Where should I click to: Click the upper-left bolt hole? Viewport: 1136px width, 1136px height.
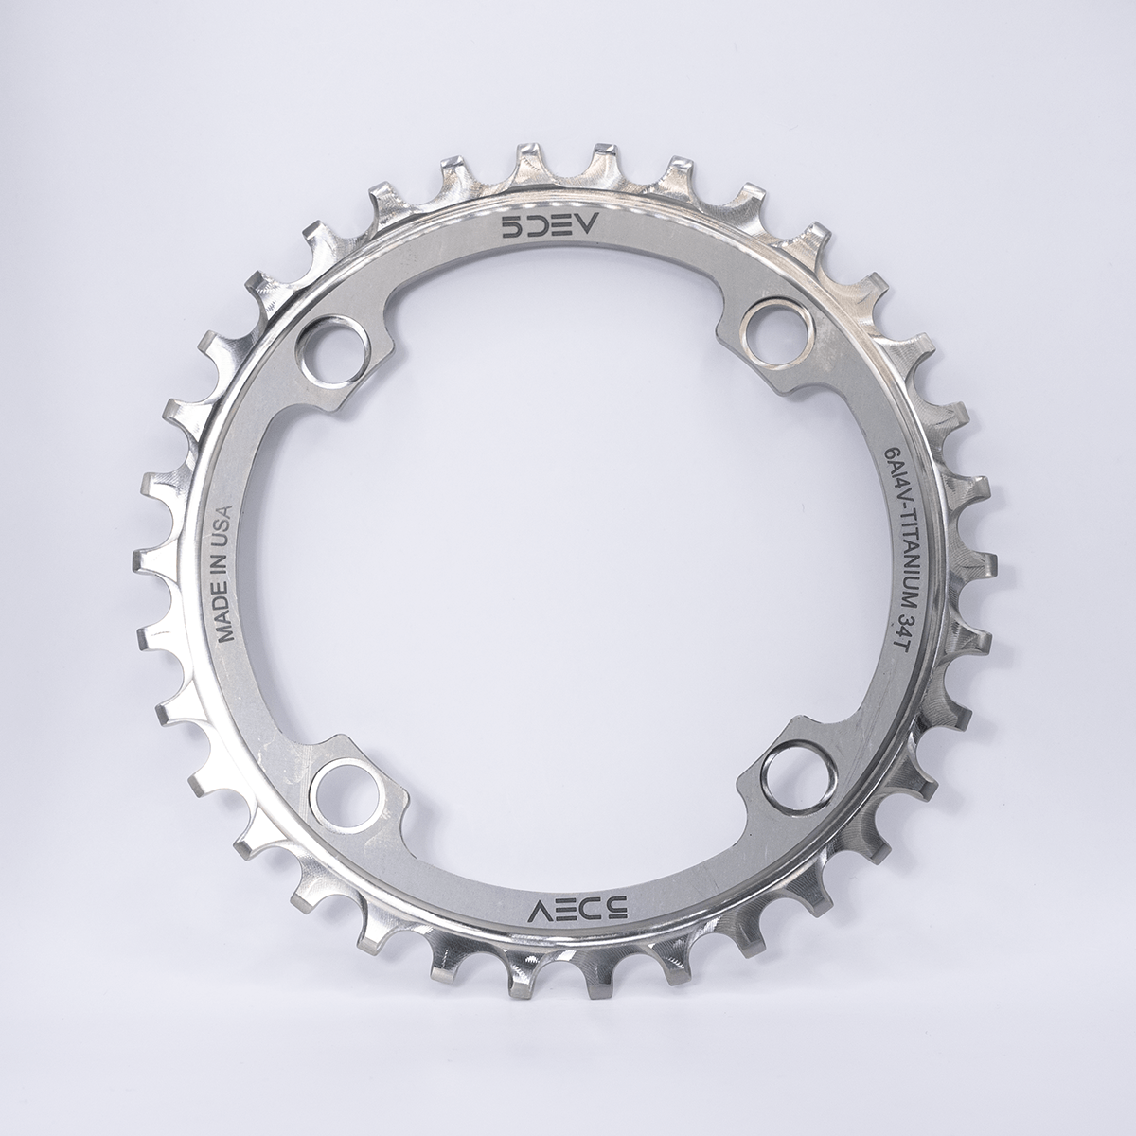pyautogui.click(x=335, y=342)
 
